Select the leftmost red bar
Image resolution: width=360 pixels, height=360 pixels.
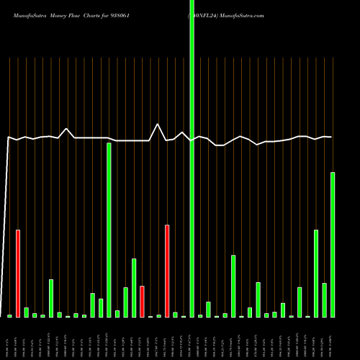coord(18,274)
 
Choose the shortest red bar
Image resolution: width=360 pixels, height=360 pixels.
coord(143,302)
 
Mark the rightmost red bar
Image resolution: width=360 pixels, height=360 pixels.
coord(167,271)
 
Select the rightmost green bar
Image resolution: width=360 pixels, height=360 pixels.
coord(333,245)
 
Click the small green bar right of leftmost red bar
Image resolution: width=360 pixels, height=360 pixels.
coord(27,312)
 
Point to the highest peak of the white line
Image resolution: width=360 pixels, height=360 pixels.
coord(158,125)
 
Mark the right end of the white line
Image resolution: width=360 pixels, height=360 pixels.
coord(332,137)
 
